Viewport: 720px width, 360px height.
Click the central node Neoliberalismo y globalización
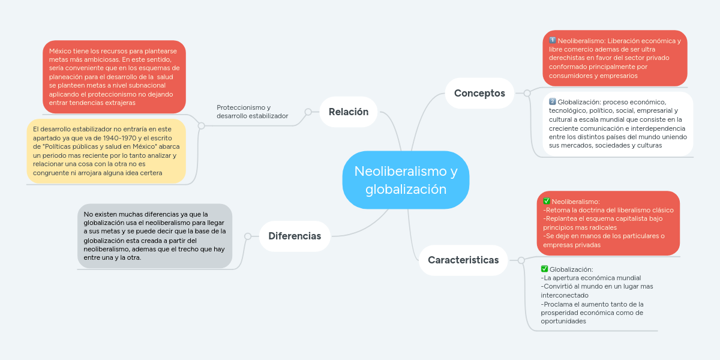[406, 180]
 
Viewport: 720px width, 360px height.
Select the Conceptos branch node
[479, 93]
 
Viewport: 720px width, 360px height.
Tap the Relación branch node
[348, 112]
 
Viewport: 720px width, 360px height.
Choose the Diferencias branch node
[295, 236]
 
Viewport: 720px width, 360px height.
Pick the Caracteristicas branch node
[463, 260]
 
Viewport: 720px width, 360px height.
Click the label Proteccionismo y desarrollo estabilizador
[252, 112]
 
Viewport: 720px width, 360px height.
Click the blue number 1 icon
[553, 40]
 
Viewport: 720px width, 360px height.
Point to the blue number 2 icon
[553, 101]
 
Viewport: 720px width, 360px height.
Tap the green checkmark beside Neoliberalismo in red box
[546, 201]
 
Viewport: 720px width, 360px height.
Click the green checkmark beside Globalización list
[544, 269]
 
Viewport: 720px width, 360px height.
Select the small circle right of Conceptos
[527, 93]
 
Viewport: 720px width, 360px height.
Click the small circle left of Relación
[308, 112]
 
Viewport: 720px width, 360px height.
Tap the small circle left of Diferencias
[247, 236]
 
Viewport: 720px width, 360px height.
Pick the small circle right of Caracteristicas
[521, 260]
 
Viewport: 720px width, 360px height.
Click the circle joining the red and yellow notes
[201, 126]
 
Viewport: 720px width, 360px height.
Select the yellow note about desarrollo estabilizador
[106, 151]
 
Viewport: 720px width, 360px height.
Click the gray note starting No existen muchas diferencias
[155, 236]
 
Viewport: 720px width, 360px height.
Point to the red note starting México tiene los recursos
[114, 77]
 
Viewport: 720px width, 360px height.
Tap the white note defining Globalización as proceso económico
[618, 124]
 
